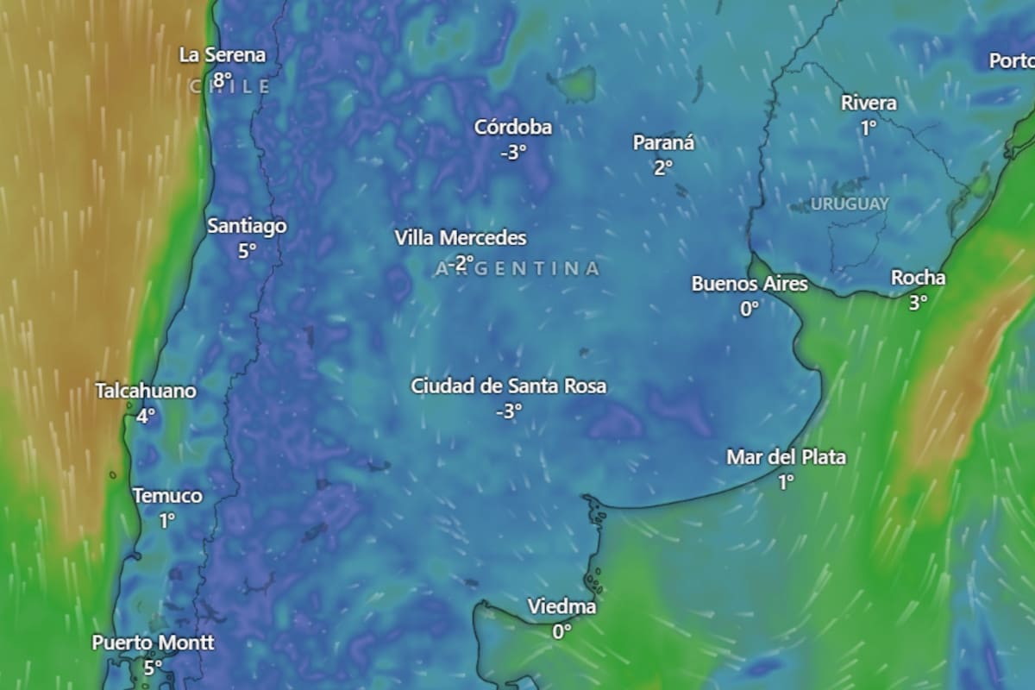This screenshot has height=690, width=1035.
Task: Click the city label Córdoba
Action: pyautogui.click(x=513, y=128)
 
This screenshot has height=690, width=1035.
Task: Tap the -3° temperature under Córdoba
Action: pyautogui.click(x=513, y=153)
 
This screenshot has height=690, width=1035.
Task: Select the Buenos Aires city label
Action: pyautogui.click(x=750, y=284)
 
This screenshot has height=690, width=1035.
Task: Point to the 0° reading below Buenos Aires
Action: pyautogui.click(x=750, y=309)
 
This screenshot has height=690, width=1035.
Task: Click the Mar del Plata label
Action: pyautogui.click(x=786, y=457)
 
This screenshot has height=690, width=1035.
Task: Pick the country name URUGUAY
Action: pyautogui.click(x=850, y=204)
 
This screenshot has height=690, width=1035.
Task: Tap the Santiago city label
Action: pyautogui.click(x=248, y=226)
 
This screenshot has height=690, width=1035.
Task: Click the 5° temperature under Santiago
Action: pyautogui.click(x=248, y=251)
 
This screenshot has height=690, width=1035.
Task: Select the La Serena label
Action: pyautogui.click(x=223, y=55)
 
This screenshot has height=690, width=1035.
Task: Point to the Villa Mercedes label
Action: pyautogui.click(x=461, y=237)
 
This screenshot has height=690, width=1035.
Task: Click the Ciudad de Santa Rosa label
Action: pyautogui.click(x=509, y=386)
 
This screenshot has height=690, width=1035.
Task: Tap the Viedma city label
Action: pyautogui.click(x=561, y=607)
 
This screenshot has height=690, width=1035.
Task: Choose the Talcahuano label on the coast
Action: pyautogui.click(x=146, y=391)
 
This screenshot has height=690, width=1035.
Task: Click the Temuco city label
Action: pyautogui.click(x=167, y=496)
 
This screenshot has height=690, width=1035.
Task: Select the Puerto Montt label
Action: pyautogui.click(x=154, y=643)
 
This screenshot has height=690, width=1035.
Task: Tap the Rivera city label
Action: pyautogui.click(x=869, y=103)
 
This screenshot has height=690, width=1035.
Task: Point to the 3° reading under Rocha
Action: pyautogui.click(x=918, y=302)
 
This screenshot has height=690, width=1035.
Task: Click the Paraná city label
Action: pyautogui.click(x=663, y=143)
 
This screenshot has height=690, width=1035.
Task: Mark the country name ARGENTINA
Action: pyautogui.click(x=517, y=269)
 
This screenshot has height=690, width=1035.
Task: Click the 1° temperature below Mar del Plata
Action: pyautogui.click(x=786, y=482)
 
